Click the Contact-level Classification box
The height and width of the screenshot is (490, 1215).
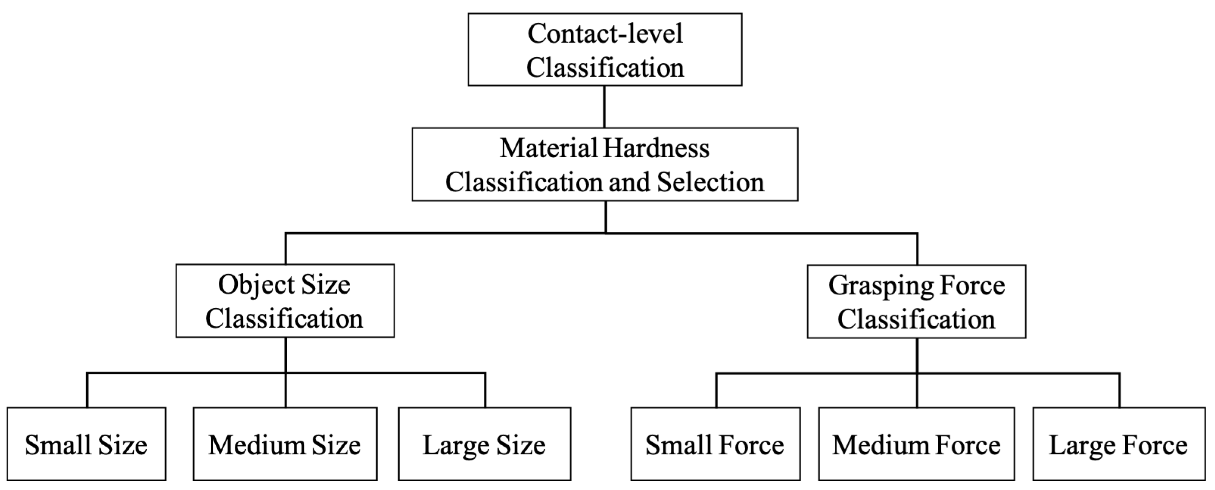coord(605,50)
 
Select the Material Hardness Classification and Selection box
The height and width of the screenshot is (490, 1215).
coord(605,164)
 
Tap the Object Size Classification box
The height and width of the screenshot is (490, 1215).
coord(285,301)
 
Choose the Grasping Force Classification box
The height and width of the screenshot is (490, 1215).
coord(916,301)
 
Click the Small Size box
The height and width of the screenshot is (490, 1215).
coord(86,444)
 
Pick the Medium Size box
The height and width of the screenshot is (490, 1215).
coord(285,444)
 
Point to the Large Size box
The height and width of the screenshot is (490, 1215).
coord(484,444)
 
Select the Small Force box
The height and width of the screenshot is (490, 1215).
coord(715,444)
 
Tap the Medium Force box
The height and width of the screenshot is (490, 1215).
coord(916,444)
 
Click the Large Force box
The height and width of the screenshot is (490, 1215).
coord(1119,444)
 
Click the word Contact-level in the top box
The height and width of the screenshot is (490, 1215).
coord(605,34)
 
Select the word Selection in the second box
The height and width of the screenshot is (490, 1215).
coord(710,182)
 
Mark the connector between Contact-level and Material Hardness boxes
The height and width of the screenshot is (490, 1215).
coord(605,107)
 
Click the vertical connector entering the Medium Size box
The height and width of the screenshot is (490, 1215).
coord(286,391)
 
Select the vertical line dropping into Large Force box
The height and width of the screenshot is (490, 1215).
coord(1119,390)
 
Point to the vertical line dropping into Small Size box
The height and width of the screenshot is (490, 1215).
coord(87,390)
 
